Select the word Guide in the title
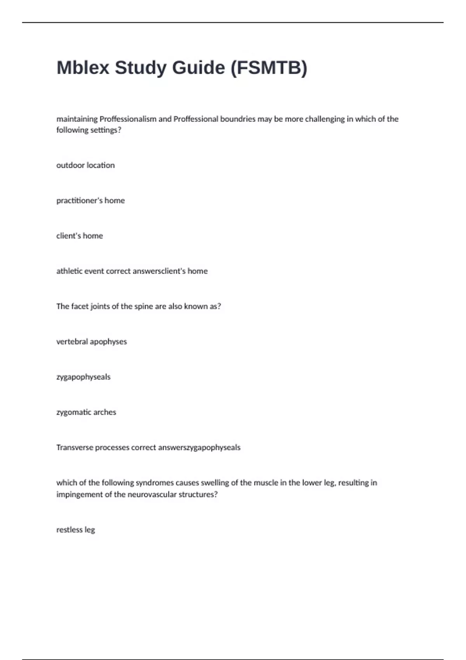click(x=198, y=68)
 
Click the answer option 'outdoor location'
click(x=85, y=165)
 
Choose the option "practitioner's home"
click(x=90, y=201)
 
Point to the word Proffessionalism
click(x=128, y=119)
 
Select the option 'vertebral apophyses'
click(x=92, y=342)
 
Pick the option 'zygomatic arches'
click(x=86, y=412)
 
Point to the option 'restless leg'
click(x=76, y=530)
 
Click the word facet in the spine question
click(x=80, y=306)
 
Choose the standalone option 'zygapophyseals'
click(x=83, y=377)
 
